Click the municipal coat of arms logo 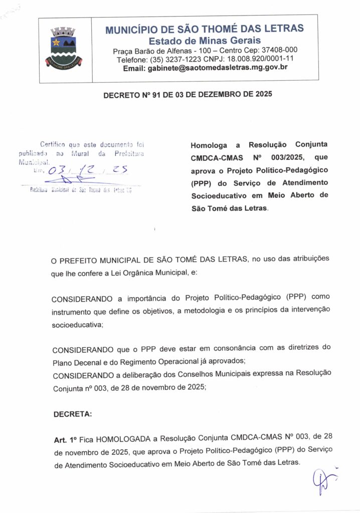[63, 48]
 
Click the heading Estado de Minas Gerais [204, 40]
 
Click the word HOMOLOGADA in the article [123, 439]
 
